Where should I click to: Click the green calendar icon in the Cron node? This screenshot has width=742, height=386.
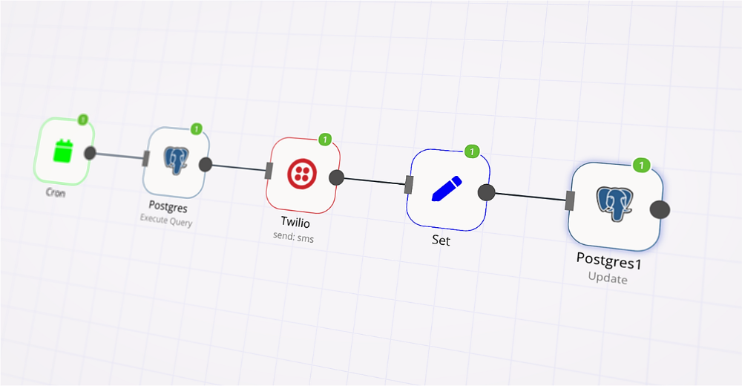pos(63,151)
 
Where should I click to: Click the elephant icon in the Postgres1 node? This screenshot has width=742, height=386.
pos(614,205)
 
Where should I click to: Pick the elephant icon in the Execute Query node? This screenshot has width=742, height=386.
pos(176,161)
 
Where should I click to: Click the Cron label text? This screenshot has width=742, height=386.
pos(55,192)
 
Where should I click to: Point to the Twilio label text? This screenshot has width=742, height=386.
pos(295,222)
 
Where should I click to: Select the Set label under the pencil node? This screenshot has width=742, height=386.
pos(441,241)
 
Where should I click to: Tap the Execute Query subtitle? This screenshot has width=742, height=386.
pos(165,220)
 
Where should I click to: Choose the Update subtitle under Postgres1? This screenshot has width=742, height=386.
pos(608,279)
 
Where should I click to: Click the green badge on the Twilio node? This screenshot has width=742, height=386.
pos(324,139)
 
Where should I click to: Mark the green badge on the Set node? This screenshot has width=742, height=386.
pos(471,151)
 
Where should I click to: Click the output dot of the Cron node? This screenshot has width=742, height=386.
pos(90,153)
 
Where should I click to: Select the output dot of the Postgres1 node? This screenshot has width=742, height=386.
pos(660,209)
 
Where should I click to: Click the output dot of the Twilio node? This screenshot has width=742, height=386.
pos(336,177)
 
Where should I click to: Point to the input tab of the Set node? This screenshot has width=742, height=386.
pos(408,185)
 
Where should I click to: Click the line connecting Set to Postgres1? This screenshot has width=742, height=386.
pos(530,197)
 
